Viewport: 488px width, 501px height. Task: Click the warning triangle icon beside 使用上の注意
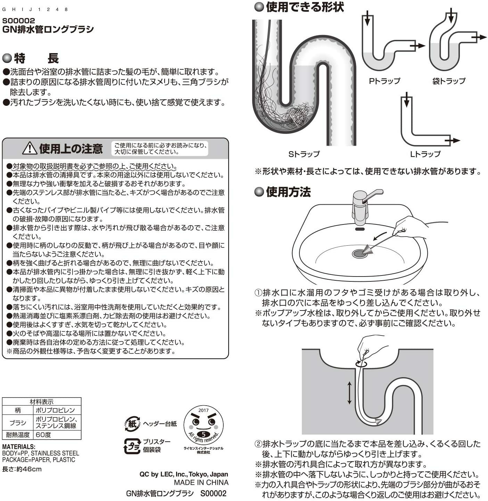[x=30, y=148]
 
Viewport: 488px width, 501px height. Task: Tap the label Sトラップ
[x=304, y=154]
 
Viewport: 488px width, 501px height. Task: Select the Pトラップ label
[x=384, y=81]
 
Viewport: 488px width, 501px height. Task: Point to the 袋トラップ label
[x=449, y=81]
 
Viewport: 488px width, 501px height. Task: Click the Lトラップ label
[x=425, y=154]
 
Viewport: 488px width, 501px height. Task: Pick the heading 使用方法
[x=288, y=192]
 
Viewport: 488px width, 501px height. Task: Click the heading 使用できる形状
[x=305, y=7]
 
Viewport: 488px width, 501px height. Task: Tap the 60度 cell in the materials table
[x=43, y=435]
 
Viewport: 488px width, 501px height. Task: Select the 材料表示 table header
[x=41, y=402]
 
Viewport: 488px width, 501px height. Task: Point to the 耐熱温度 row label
[x=18, y=435]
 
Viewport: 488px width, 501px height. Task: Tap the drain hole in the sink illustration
[x=359, y=254]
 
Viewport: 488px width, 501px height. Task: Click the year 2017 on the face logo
[x=203, y=410]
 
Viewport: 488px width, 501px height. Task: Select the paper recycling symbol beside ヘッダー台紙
[x=132, y=424]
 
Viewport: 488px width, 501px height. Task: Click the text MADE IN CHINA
[x=201, y=482]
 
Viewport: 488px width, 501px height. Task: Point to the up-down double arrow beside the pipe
[x=349, y=392]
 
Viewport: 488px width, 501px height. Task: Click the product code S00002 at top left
[x=18, y=21]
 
